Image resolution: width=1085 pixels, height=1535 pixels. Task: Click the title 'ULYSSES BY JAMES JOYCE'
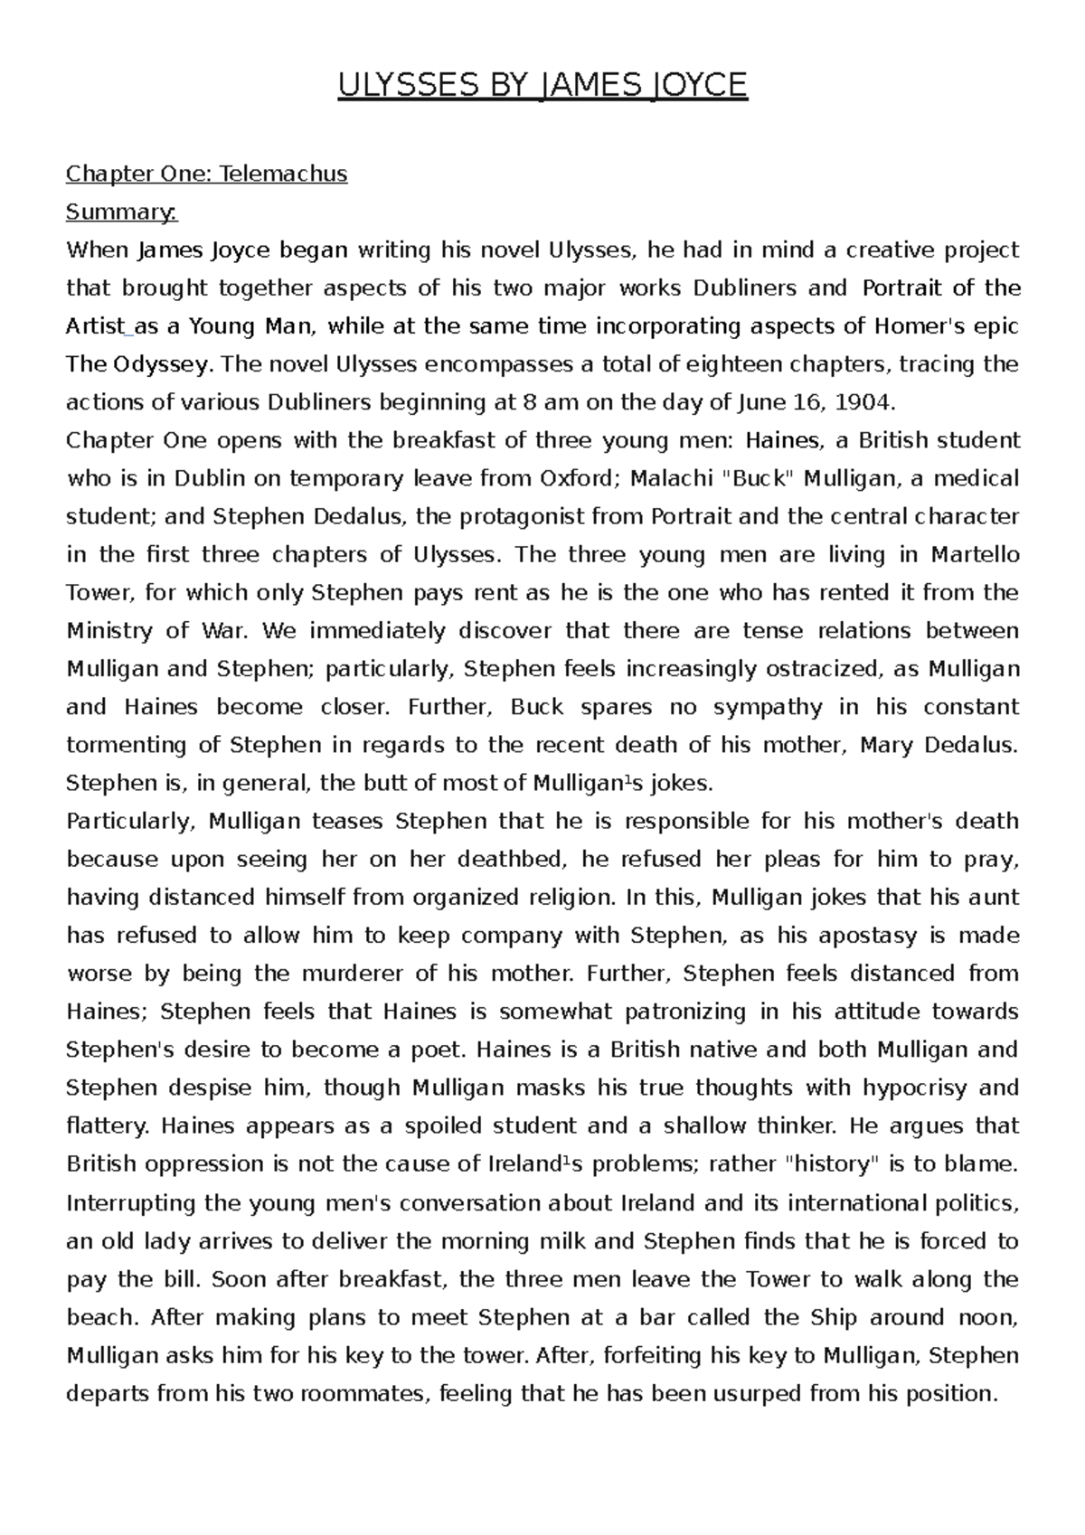542,86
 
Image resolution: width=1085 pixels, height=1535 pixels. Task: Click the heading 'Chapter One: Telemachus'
207,174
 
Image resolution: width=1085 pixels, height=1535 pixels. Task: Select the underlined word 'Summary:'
122,212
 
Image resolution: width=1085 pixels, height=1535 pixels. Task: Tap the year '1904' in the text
863,401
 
